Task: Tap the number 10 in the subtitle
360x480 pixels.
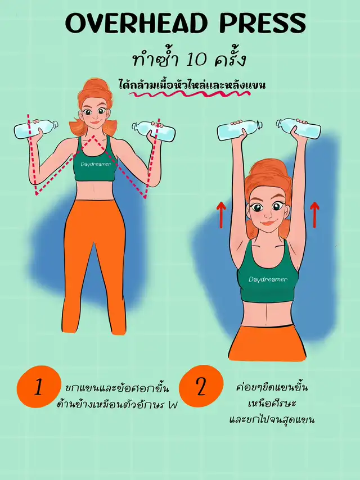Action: (196, 59)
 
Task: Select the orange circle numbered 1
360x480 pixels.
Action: (38, 387)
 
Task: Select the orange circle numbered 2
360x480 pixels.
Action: (201, 386)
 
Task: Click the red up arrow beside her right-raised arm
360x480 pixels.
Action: (314, 215)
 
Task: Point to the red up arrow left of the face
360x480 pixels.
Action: (221, 215)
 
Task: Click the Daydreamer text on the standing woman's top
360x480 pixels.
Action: (96, 164)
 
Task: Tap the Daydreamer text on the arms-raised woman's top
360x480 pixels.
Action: (268, 279)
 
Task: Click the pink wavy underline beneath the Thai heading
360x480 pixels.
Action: (190, 94)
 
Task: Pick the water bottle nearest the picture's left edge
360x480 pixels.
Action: (36, 129)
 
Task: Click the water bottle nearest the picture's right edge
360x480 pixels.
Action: (299, 128)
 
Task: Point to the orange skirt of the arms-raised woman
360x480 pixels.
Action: (267, 343)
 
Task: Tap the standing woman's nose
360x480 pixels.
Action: (95, 116)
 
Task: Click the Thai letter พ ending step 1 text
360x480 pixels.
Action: (173, 406)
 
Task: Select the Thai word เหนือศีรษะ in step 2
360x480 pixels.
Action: (272, 403)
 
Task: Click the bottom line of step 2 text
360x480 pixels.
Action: (272, 419)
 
